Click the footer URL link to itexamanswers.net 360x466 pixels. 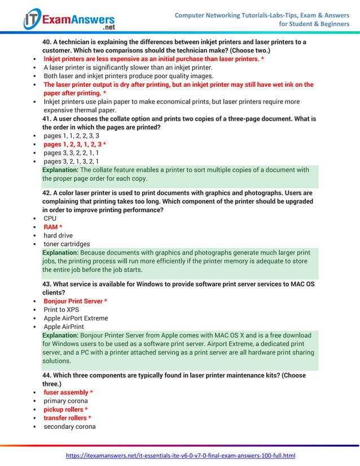pyautogui.click(x=181, y=455)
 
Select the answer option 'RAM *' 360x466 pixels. pyautogui.click(x=52, y=227)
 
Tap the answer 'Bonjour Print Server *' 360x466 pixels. pyautogui.click(x=75, y=301)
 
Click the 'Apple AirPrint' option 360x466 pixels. pyautogui.click(x=64, y=327)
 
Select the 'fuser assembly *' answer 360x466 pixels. pyautogui.click(x=68, y=392)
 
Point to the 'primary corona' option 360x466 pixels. pyautogui.click(x=65, y=401)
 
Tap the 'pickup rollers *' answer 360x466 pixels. pyautogui.click(x=65, y=410)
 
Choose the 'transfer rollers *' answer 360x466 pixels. pyautogui.click(x=68, y=418)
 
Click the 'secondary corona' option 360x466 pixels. pyautogui.click(x=69, y=427)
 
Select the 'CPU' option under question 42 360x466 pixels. pyautogui.click(x=50, y=218)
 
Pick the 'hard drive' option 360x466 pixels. pyautogui.click(x=58, y=235)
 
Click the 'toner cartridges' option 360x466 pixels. pyautogui.click(x=67, y=244)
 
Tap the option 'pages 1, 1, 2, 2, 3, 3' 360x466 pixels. pyautogui.click(x=71, y=136)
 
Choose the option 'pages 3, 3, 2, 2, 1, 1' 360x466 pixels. pyautogui.click(x=71, y=153)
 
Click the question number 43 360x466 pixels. pyautogui.click(x=47, y=284)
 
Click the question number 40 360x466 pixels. pyautogui.click(x=47, y=42)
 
